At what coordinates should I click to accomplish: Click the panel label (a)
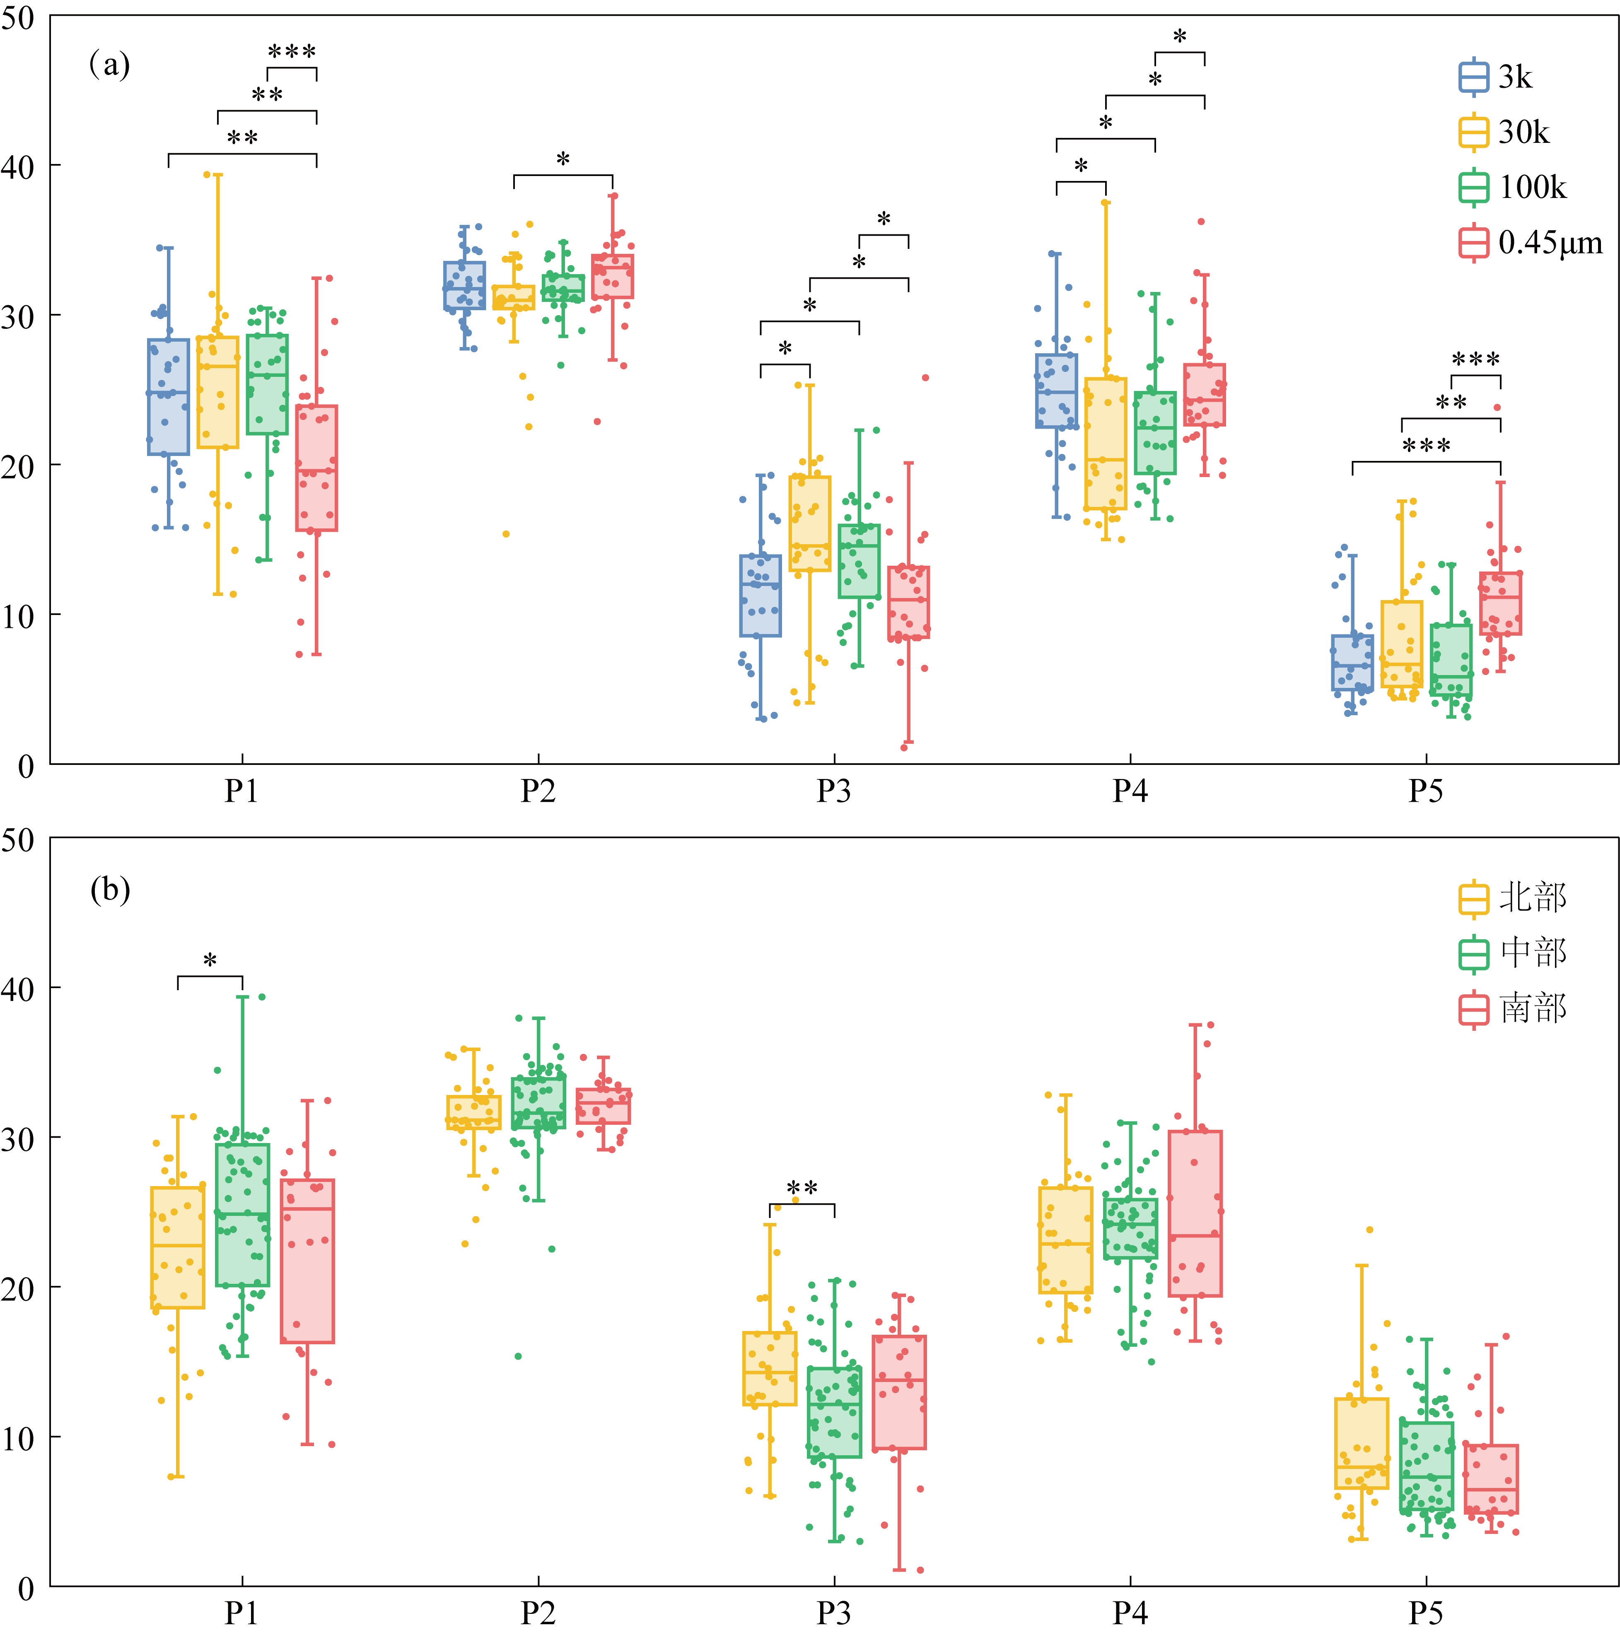[110, 64]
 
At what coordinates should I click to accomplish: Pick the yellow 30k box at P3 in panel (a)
[810, 523]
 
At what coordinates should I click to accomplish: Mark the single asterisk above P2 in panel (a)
[563, 158]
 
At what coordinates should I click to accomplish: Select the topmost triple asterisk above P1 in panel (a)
[292, 52]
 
